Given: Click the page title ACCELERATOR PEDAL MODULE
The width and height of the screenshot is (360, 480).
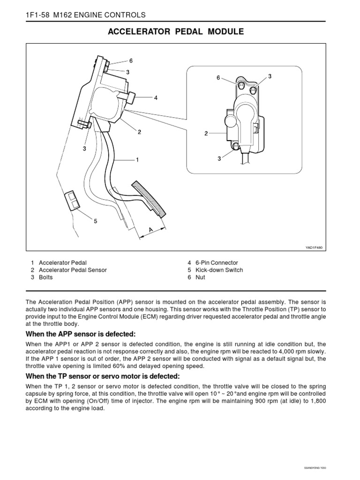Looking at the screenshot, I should click(x=176, y=32).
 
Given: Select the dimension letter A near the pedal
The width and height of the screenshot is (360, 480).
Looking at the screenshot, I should click(x=151, y=230).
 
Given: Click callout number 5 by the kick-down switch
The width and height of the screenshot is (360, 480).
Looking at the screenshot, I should click(x=96, y=221).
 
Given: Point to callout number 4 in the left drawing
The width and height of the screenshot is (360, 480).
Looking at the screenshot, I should click(x=156, y=98).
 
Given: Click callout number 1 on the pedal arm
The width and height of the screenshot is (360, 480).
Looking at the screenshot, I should click(x=137, y=160).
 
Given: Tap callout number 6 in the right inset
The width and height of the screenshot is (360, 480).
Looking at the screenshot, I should click(x=218, y=78).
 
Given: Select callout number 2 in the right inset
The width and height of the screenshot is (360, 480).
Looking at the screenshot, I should click(x=206, y=134).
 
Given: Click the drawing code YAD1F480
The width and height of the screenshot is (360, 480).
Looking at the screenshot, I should click(x=315, y=247).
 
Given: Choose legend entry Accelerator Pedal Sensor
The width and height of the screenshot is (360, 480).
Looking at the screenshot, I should click(x=73, y=270).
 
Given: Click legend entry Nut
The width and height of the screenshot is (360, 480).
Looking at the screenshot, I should click(x=200, y=277).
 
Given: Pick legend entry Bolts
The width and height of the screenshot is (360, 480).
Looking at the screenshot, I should click(x=46, y=277).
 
